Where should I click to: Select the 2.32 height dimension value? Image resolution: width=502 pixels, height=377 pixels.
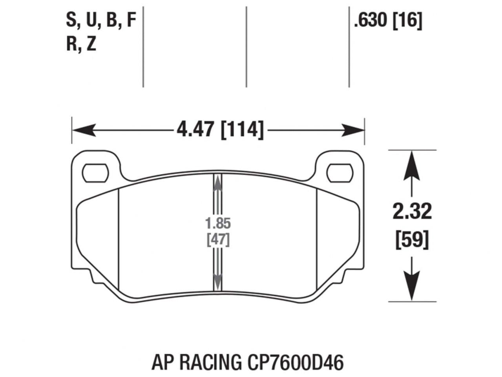pos(412,212)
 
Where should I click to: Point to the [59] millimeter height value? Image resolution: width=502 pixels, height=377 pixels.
pos(412,239)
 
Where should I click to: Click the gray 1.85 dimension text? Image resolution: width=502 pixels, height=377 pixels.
pos(218,223)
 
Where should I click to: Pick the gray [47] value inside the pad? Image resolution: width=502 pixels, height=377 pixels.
pos(218,239)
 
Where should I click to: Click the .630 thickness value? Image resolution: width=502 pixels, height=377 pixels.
pos(370,21)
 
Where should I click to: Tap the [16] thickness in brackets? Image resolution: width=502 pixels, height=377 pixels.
pos(407,21)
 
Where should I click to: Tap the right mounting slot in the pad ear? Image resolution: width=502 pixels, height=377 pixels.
pos(340,172)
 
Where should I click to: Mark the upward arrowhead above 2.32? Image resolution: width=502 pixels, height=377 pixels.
pos(411,163)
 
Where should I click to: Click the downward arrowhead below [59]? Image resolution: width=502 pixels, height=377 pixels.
pos(411,289)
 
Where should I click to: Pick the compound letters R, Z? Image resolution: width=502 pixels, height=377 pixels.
pos(81,44)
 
